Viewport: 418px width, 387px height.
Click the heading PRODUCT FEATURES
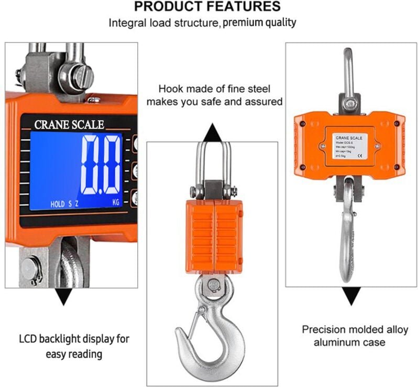coord(207,7)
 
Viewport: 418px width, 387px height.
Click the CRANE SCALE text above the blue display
coord(69,125)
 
